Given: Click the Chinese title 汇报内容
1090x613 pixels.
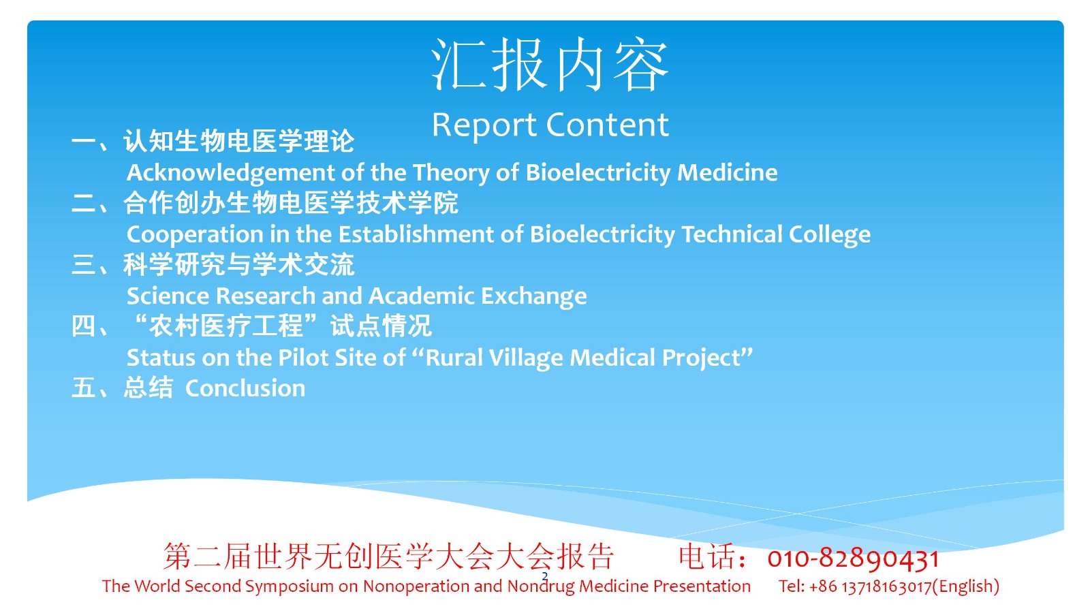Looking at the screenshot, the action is [x=550, y=65].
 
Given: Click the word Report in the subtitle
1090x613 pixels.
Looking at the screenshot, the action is [x=484, y=125].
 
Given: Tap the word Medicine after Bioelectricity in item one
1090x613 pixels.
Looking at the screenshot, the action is [x=727, y=172].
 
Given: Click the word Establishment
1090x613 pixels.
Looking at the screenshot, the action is [x=416, y=234].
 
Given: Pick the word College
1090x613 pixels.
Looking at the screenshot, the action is [x=830, y=235].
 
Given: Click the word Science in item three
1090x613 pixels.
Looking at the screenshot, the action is [x=168, y=296].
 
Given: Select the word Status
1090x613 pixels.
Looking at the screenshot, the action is [x=161, y=358].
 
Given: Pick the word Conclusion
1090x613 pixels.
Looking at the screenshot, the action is [x=245, y=388].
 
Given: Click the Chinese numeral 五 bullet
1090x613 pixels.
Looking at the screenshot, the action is [x=83, y=388].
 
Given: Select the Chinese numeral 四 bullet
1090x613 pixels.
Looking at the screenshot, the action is [x=83, y=326].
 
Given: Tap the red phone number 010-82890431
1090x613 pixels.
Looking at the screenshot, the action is [x=853, y=559].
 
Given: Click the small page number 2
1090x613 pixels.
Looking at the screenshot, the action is [x=544, y=576].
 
